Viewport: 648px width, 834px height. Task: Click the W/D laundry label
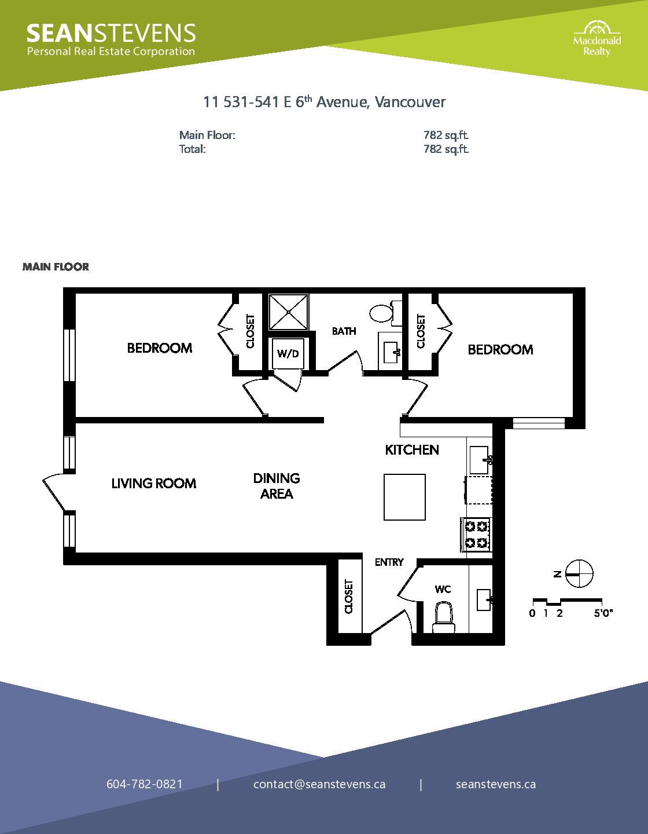(288, 353)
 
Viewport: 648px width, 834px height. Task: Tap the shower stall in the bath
(288, 312)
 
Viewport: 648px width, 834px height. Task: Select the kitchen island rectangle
(404, 497)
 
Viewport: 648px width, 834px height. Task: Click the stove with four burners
(476, 535)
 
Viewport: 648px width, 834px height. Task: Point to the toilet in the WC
(444, 617)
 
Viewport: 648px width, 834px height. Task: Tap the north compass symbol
(579, 574)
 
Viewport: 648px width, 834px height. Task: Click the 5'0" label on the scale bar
(603, 613)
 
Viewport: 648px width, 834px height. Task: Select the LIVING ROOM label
(154, 483)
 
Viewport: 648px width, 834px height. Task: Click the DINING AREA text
(277, 486)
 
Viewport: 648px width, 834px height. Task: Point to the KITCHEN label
(412, 450)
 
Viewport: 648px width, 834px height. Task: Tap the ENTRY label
(389, 562)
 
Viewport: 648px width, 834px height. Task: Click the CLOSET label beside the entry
(348, 597)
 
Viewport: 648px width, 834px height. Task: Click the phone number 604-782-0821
(145, 784)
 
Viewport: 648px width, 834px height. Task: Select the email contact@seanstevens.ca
(319, 784)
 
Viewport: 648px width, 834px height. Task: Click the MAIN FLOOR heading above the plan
(56, 267)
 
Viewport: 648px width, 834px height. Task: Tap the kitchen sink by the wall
(479, 460)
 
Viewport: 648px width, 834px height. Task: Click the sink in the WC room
(484, 600)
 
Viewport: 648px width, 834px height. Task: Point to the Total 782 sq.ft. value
(446, 149)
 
